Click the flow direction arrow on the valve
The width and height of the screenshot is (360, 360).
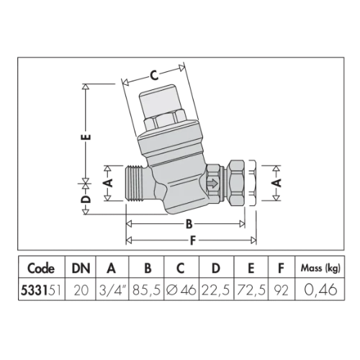[212, 184]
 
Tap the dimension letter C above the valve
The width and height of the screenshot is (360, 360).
[154, 76]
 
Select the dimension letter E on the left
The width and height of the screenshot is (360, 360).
[88, 137]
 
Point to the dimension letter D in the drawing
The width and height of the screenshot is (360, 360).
[87, 199]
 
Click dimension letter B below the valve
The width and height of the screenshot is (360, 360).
[189, 224]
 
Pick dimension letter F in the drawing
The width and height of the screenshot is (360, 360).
[192, 240]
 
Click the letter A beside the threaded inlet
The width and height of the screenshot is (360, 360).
[109, 183]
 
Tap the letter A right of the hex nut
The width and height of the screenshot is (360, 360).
[277, 183]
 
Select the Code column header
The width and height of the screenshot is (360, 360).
[41, 269]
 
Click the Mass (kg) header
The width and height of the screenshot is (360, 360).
[320, 268]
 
